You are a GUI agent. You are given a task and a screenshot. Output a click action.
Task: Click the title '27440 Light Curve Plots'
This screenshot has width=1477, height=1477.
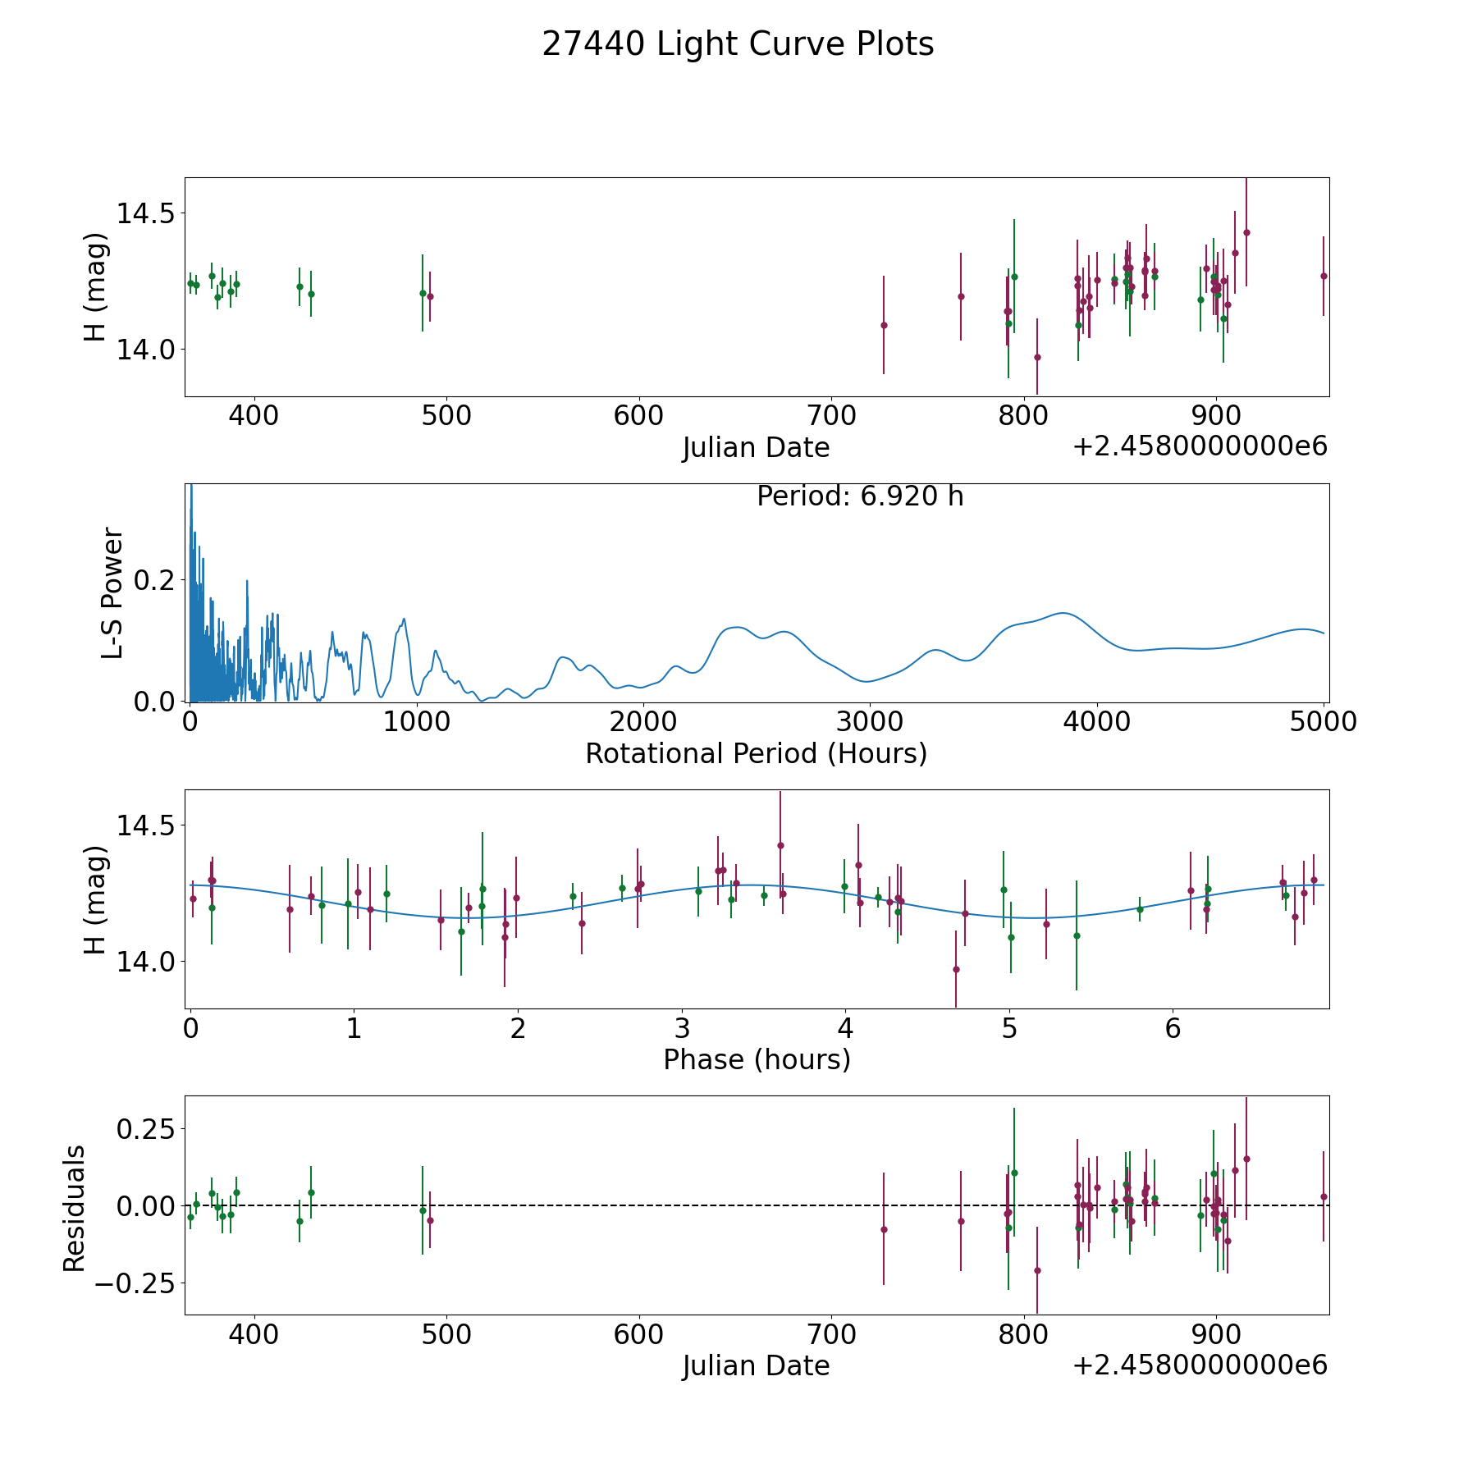[x=738, y=44]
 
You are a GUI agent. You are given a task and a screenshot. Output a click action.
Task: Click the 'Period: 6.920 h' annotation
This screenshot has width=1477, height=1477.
[x=860, y=496]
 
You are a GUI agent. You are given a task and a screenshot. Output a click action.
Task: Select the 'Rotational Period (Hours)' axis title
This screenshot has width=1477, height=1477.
[x=756, y=753]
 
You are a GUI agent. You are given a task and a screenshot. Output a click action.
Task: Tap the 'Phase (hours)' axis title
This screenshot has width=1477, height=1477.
[x=757, y=1059]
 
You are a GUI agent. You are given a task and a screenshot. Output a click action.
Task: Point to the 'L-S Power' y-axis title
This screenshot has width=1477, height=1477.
[x=112, y=592]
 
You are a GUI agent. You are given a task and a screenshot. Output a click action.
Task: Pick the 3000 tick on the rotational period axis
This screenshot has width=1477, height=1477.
[x=869, y=722]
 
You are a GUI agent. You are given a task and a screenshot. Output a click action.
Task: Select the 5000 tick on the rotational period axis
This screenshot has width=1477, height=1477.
[x=1323, y=722]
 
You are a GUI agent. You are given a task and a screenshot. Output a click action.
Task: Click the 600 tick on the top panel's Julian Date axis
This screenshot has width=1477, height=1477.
[x=638, y=416]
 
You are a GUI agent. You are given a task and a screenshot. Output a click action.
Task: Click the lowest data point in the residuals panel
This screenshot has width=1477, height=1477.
[x=1037, y=1270]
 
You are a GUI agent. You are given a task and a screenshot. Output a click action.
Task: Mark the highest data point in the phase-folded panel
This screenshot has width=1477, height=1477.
[x=780, y=845]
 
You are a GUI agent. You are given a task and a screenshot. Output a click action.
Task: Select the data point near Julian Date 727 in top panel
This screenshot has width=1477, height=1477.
[x=884, y=325]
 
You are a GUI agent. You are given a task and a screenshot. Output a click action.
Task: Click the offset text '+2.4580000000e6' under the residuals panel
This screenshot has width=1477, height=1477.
[x=1200, y=1365]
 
